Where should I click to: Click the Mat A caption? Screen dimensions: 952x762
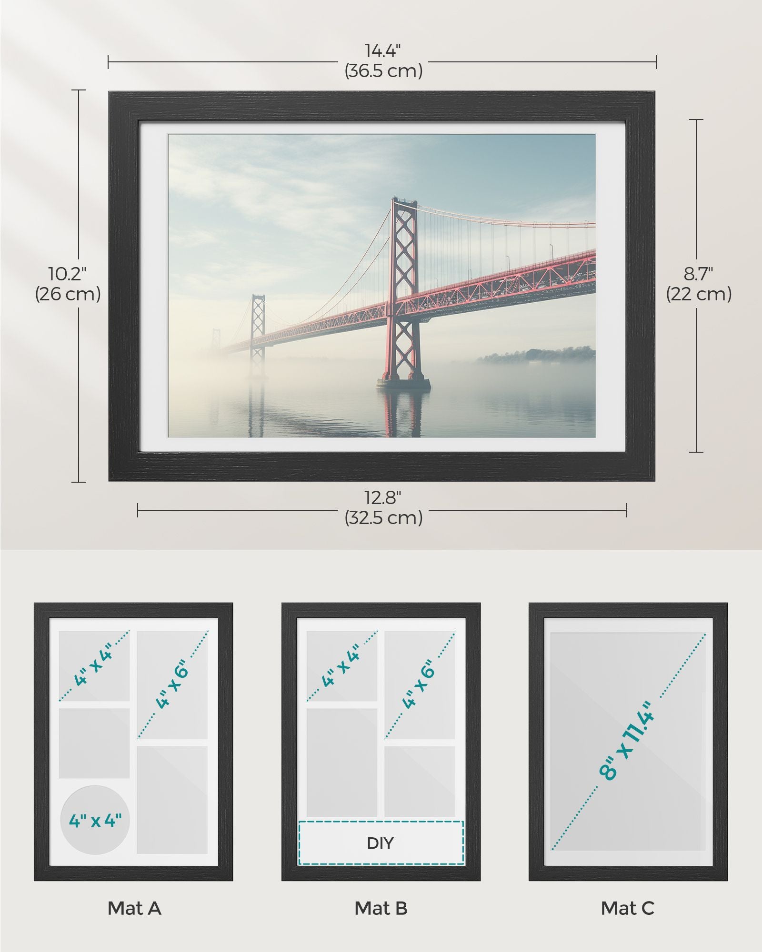click(134, 908)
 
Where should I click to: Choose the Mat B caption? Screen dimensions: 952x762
click(381, 908)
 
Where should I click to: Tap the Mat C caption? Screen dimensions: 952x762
click(628, 908)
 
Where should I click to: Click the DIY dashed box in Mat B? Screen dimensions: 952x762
click(381, 843)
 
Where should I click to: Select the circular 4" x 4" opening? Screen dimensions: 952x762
click(95, 820)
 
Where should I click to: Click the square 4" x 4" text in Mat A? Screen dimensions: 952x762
click(93, 664)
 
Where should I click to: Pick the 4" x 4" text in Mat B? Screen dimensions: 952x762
click(341, 664)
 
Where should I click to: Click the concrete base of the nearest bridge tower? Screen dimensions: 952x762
click(403, 383)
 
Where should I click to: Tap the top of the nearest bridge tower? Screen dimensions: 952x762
click(404, 201)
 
